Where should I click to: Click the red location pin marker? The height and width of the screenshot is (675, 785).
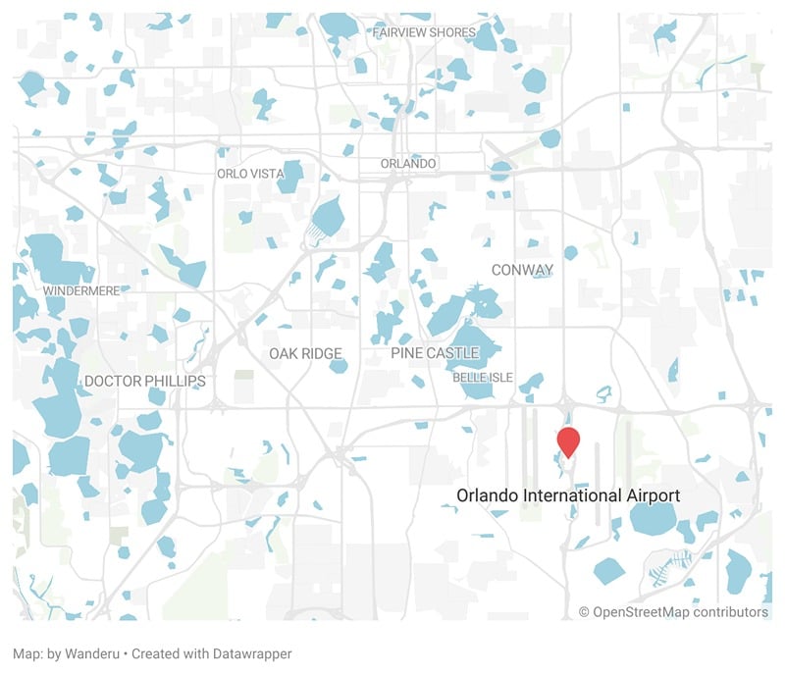[x=568, y=441]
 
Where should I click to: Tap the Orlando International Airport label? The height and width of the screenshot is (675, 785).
[x=567, y=495]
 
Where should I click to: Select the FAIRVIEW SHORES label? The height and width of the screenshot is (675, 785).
[x=424, y=32]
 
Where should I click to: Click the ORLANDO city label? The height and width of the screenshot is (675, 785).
[x=408, y=163]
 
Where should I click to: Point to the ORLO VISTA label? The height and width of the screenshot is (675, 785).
[x=250, y=174]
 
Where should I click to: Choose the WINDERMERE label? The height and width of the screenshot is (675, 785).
[x=81, y=291]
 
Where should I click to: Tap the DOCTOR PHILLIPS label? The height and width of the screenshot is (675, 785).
[x=145, y=381]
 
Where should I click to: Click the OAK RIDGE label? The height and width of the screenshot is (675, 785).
[x=306, y=353]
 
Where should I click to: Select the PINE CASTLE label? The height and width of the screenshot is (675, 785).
[x=435, y=352]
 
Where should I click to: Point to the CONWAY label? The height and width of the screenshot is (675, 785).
[x=522, y=270]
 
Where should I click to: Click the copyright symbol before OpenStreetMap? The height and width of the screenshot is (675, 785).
[x=585, y=612]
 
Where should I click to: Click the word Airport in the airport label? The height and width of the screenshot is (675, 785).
[x=653, y=495]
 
